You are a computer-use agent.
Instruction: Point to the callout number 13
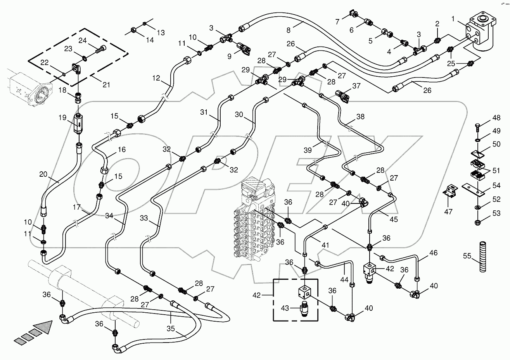(160, 32)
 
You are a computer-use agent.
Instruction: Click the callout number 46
(433, 253)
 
